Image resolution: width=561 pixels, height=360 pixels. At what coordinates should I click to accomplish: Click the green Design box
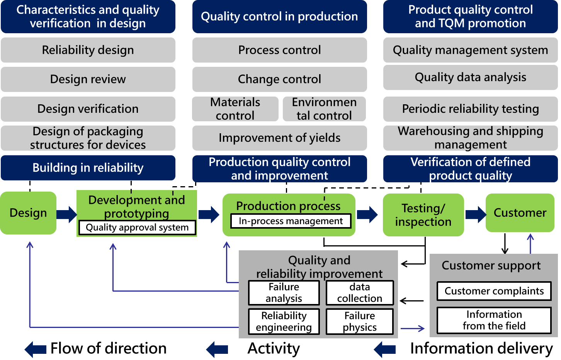[x=28, y=213]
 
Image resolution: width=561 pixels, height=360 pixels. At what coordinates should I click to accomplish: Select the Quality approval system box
[x=137, y=228]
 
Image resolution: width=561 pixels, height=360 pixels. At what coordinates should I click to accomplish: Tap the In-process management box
[x=291, y=221]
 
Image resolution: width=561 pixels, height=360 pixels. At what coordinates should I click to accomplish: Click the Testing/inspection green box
[x=423, y=215]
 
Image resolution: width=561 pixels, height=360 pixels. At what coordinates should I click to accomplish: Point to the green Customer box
[x=520, y=213]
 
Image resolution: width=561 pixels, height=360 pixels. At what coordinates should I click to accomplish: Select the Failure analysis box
[x=284, y=293]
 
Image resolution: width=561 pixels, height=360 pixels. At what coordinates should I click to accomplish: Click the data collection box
[x=360, y=293]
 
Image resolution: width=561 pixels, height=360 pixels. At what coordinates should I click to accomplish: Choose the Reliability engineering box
[x=284, y=322]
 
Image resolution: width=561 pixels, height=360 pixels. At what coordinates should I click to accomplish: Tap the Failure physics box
[x=360, y=322]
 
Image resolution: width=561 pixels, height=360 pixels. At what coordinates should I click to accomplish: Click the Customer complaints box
[x=494, y=291]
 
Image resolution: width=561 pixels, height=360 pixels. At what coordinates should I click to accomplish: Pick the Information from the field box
[x=494, y=321]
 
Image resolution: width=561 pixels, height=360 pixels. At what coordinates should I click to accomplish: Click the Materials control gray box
[x=235, y=109]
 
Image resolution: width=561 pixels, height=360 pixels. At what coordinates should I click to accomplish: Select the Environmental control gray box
[x=324, y=109]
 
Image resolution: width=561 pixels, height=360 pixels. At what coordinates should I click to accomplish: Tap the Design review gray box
[x=88, y=79]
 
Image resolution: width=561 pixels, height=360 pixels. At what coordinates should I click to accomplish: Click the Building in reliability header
[x=88, y=168]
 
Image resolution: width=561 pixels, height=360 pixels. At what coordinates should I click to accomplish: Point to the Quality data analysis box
[x=470, y=77]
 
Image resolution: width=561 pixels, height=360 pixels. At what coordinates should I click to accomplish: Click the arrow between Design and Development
[x=66, y=214]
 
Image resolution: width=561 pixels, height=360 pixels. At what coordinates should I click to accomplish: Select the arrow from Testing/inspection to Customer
[x=476, y=214]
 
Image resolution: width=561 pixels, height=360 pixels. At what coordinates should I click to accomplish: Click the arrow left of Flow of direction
[x=35, y=349]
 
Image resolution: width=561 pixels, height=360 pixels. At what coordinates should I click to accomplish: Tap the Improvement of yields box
[x=279, y=138]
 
